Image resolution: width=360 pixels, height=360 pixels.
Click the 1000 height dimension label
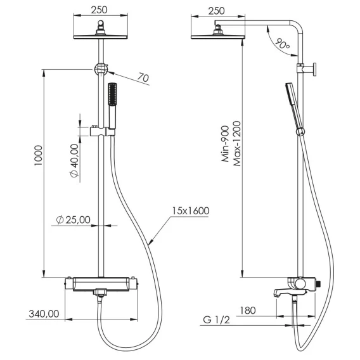coord(38,155)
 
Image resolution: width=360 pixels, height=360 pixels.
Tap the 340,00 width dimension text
coord(44,314)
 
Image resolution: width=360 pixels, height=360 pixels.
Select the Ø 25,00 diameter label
coord(74,220)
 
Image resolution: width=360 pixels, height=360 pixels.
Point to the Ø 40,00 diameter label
coord(74,161)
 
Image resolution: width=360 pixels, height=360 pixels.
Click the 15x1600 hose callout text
coord(191,211)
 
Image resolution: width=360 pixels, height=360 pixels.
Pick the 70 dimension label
coord(143,77)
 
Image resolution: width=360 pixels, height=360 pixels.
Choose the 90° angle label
coord(282,44)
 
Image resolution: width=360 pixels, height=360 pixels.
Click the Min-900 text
coord(225,144)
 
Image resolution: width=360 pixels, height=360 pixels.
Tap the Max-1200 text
coord(237,144)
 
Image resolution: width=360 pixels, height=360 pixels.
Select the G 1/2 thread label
coord(216,319)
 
